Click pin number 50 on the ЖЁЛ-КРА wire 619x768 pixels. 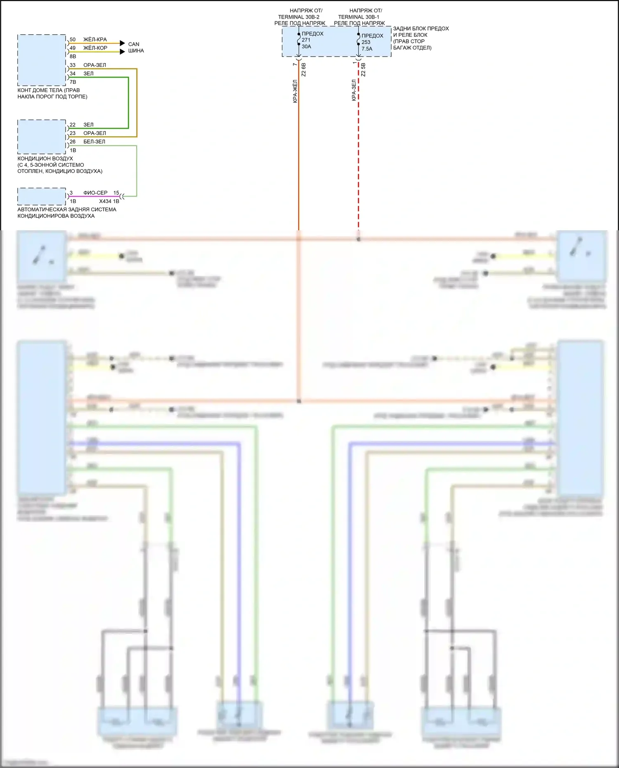(73, 40)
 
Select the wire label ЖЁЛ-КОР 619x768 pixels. (95, 48)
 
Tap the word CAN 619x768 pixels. (134, 44)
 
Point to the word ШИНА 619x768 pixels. (136, 51)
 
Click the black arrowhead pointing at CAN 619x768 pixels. (122, 43)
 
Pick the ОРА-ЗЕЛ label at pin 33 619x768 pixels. (95, 65)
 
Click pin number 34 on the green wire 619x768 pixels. (73, 73)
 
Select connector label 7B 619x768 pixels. (73, 82)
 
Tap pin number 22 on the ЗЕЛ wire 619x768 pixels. (73, 125)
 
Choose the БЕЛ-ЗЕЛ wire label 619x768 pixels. (94, 142)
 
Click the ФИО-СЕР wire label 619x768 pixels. (95, 193)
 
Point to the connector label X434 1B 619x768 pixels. (109, 201)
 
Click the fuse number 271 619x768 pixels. (306, 40)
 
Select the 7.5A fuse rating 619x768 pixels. (367, 49)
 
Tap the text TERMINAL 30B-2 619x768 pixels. (298, 17)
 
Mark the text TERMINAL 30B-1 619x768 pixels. (359, 17)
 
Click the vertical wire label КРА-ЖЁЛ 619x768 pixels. (295, 91)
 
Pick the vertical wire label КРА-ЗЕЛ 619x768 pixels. (354, 90)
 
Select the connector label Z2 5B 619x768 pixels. (363, 70)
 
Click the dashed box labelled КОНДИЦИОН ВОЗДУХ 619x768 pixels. (42, 137)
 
